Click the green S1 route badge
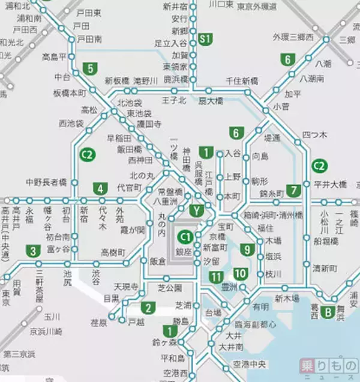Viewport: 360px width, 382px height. pos(206,39)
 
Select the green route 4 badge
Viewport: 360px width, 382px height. pos(99,189)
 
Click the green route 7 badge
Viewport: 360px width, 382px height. pos(293,190)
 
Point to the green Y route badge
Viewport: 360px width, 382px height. pos(196,210)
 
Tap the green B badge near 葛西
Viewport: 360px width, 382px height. pos(328,312)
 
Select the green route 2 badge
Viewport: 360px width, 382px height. pos(147,309)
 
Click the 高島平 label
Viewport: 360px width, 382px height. pos(54,57)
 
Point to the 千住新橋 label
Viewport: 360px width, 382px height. pos(242,80)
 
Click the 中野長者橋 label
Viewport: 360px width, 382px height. pos(46,181)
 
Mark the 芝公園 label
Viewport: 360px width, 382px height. pos(169,288)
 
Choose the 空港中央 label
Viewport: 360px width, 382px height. pos(249,364)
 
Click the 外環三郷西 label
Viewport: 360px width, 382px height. pos(293,37)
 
